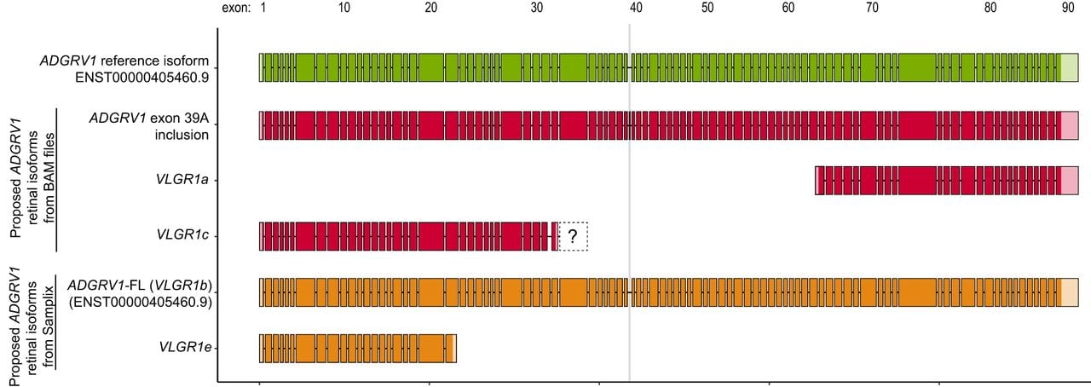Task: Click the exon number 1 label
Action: pyautogui.click(x=263, y=8)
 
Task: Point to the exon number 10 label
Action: pyautogui.click(x=343, y=8)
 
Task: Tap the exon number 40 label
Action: pyautogui.click(x=636, y=8)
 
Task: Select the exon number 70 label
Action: pyautogui.click(x=872, y=8)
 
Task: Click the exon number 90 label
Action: pyautogui.click(x=1068, y=8)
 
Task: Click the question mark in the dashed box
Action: pyautogui.click(x=573, y=236)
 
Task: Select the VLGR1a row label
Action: pyautogui.click(x=182, y=179)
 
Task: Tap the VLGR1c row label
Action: pyautogui.click(x=182, y=234)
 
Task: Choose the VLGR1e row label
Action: pyautogui.click(x=185, y=347)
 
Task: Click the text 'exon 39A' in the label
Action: pyautogui.click(x=179, y=118)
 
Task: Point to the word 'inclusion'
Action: pyautogui.click(x=182, y=135)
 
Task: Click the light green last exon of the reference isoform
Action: pyautogui.click(x=1070, y=67)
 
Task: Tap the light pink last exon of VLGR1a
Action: pyautogui.click(x=1070, y=181)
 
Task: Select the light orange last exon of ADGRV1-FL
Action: pyautogui.click(x=1070, y=292)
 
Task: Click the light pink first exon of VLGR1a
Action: pyautogui.click(x=817, y=181)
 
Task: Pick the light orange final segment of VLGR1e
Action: pyautogui.click(x=454, y=349)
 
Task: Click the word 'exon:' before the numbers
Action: pyautogui.click(x=236, y=9)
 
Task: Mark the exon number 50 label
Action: pyautogui.click(x=707, y=8)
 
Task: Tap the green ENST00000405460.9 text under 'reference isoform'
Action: pyautogui.click(x=141, y=78)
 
